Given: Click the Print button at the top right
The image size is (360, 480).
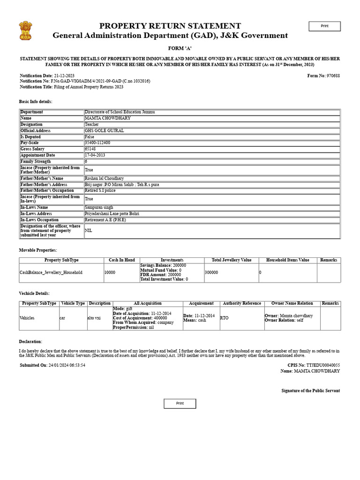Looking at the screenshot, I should tap(324, 26).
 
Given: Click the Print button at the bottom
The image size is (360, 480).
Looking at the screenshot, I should tap(180, 404).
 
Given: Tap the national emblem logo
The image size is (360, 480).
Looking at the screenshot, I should tap(26, 31).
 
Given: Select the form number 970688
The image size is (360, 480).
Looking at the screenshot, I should tap(333, 75).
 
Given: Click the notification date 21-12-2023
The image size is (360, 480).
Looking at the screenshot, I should tap(64, 75).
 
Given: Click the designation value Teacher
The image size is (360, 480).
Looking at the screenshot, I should tap(92, 124).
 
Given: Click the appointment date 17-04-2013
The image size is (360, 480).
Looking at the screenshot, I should tap(95, 155).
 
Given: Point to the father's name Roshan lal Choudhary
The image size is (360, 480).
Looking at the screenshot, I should tap(104, 178).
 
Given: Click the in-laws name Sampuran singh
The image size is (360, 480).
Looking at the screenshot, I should tap(99, 207).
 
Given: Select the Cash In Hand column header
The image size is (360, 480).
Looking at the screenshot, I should tap(122, 260).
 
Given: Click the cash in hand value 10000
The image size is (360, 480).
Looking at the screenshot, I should tap(110, 272).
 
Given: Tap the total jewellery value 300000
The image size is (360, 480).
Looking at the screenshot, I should tap(211, 272).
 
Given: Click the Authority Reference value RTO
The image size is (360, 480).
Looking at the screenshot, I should tap(225, 318).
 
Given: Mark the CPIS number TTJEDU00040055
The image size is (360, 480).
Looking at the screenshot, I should tap(323, 365).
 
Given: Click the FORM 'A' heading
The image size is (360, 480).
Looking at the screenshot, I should tap(180, 49).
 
